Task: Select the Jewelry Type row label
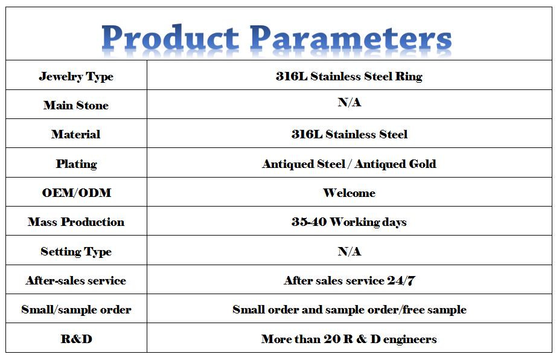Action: pyautogui.click(x=76, y=76)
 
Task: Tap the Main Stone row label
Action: pyautogui.click(x=76, y=105)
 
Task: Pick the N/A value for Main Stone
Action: pyautogui.click(x=350, y=103)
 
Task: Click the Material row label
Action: pyautogui.click(x=76, y=134)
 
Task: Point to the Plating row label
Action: pyautogui.click(x=76, y=164)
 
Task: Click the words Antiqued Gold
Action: pyautogui.click(x=395, y=164)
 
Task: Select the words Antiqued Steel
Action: pyautogui.click(x=304, y=164)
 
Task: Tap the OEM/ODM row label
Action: pyautogui.click(x=76, y=193)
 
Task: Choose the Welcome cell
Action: pyautogui.click(x=349, y=193)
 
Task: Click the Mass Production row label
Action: pyautogui.click(x=76, y=222)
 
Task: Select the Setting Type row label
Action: pyautogui.click(x=76, y=251)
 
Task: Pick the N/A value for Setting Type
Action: pyautogui.click(x=350, y=251)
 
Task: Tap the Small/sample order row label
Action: pyautogui.click(x=76, y=310)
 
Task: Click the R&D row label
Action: pyautogui.click(x=76, y=339)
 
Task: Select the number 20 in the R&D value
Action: pyautogui.click(x=332, y=339)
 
